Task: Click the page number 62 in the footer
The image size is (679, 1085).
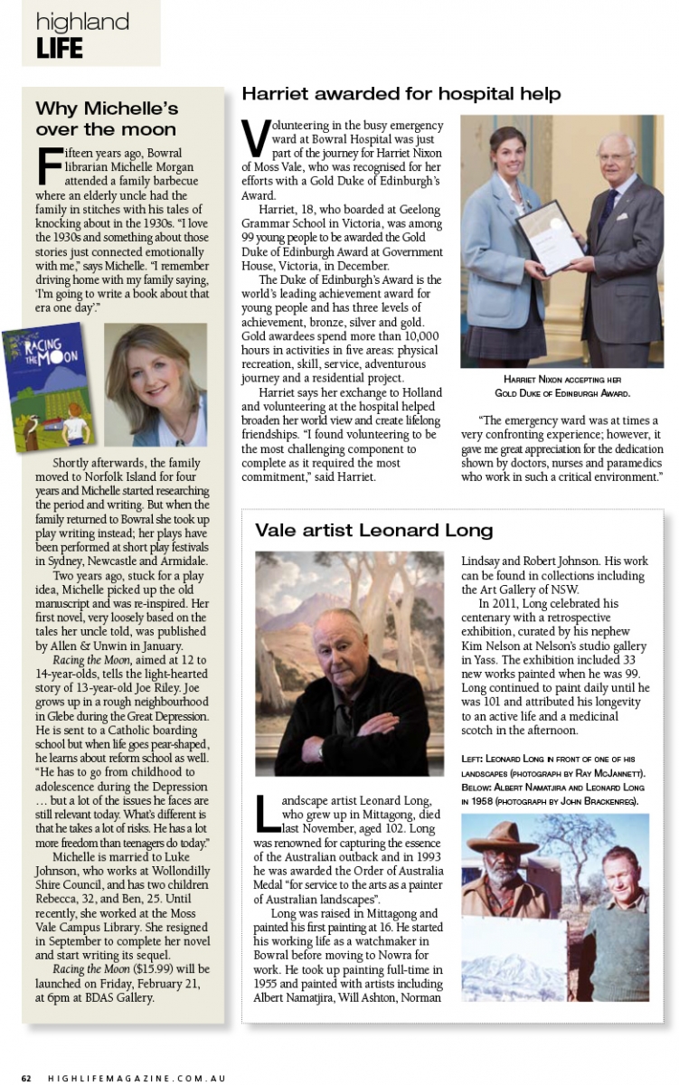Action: click(28, 1078)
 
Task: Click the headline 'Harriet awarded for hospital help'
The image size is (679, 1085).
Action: click(401, 93)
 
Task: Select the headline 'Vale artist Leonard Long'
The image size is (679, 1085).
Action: click(373, 530)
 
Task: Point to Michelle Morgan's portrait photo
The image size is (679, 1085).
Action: click(156, 385)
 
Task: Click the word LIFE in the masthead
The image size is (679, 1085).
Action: click(60, 47)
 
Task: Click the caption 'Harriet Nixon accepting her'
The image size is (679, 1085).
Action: click(561, 380)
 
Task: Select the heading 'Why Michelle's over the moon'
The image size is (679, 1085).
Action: click(107, 118)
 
